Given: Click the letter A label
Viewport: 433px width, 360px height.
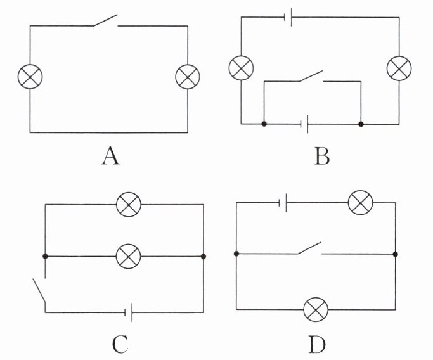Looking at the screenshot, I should click(x=110, y=155).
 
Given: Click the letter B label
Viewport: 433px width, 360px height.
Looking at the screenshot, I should click(x=321, y=155).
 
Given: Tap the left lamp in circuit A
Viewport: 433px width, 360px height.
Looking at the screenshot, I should click(x=30, y=77).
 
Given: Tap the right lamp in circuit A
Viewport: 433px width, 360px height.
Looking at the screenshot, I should click(x=188, y=77).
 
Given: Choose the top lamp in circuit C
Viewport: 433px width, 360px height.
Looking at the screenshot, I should click(x=129, y=204).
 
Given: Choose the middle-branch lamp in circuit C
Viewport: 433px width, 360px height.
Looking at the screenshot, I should click(x=129, y=256).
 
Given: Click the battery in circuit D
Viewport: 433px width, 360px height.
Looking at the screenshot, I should click(x=285, y=202).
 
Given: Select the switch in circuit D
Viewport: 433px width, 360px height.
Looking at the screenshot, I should click(x=310, y=248).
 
